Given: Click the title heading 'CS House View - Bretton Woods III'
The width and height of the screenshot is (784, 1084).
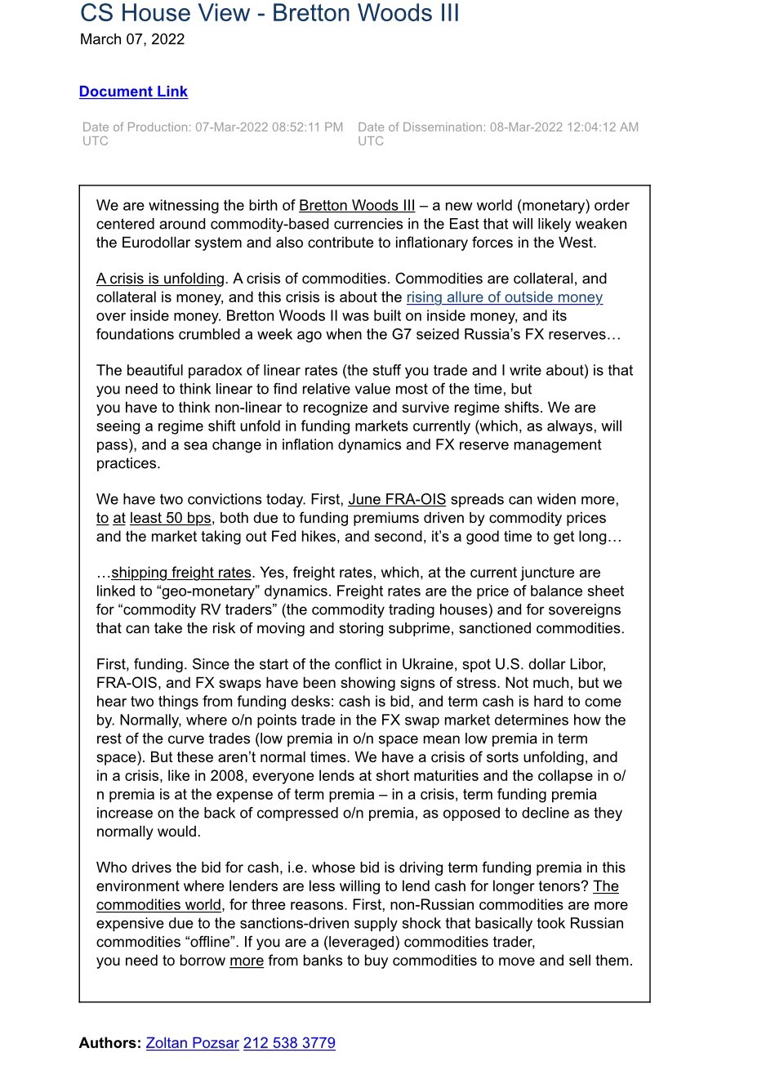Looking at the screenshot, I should [x=269, y=14].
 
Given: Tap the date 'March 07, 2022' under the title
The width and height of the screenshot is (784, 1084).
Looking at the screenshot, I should [x=132, y=39].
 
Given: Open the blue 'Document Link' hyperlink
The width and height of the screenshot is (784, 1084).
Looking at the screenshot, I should [x=133, y=91].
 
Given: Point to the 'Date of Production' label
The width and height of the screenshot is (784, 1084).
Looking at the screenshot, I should [x=136, y=127].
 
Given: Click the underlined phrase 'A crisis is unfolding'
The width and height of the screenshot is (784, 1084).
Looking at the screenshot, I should [x=160, y=279].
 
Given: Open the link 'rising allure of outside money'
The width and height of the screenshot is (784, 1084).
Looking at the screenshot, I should [x=504, y=297].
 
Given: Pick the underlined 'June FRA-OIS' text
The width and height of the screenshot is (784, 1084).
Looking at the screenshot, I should [x=397, y=499].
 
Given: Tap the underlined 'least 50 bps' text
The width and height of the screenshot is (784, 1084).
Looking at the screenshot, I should [x=170, y=518].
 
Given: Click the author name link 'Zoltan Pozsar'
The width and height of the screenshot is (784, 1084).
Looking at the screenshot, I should [x=192, y=1043].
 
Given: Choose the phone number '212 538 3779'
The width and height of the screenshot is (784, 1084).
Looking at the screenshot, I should [x=289, y=1043].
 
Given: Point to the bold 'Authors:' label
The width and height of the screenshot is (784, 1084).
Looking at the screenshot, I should [x=109, y=1043].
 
